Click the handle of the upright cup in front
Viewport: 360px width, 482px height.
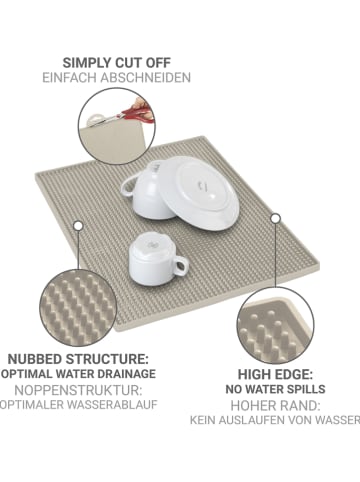click(181, 266)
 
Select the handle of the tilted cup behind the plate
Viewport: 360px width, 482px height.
click(127, 187)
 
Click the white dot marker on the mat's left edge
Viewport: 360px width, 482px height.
click(78, 226)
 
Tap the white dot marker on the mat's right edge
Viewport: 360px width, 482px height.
click(275, 219)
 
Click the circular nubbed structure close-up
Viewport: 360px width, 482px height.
click(78, 308)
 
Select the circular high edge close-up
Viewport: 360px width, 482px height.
click(275, 326)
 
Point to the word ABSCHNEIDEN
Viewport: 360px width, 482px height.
click(146, 78)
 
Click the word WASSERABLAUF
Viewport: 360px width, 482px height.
click(112, 405)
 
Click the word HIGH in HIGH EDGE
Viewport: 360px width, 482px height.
click(254, 375)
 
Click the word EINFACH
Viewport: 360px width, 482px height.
click(70, 78)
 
